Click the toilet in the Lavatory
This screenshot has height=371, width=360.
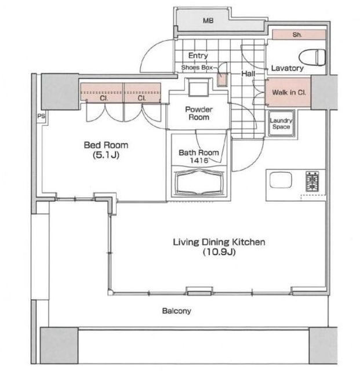312,58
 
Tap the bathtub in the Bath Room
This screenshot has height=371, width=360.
199,183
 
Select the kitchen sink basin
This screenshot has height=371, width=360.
281,180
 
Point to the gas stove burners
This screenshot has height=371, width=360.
312,181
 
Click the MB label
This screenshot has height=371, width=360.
208,21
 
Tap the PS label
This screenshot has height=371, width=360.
41,117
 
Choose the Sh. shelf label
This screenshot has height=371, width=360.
297,35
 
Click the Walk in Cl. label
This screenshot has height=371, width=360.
289,92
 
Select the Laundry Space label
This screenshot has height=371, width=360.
281,123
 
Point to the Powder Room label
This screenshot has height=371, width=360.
199,114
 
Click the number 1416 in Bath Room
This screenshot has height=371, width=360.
199,161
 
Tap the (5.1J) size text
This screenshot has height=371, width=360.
106,155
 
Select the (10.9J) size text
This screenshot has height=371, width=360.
219,252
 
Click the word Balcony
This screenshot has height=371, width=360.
177,311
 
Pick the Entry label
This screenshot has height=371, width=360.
198,56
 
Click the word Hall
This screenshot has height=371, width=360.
248,74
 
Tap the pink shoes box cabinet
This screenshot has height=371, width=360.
223,80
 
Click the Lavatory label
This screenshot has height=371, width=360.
287,68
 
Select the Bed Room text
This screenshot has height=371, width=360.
106,145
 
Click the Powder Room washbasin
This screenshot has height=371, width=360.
199,88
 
